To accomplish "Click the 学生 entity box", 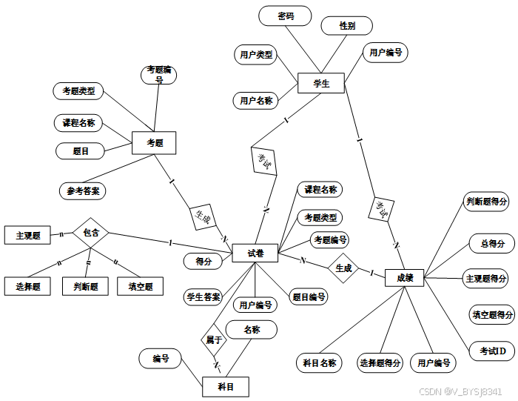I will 321,84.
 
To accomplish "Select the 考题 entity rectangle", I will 154,142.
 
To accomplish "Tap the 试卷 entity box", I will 254,253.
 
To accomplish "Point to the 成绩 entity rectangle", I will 405,278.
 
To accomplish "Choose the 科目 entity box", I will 226,386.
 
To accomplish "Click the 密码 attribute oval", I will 285,16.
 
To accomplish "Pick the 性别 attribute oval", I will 346,25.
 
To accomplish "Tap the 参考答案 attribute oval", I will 82,190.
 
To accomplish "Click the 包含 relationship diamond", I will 91,233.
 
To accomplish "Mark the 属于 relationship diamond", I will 213,339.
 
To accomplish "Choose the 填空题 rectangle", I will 140,286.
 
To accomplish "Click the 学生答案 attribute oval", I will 203,297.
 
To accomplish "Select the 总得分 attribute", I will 492,243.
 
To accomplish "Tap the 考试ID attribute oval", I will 492,350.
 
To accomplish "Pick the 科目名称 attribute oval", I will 320,362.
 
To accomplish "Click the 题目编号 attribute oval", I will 307,297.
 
